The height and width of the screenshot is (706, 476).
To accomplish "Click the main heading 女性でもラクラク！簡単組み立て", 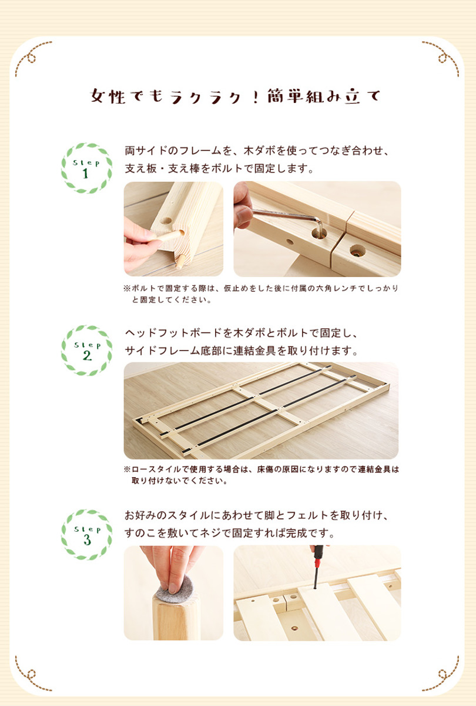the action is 236,96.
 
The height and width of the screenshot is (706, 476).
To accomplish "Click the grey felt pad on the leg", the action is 175,591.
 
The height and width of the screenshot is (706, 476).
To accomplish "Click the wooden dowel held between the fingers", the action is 170,236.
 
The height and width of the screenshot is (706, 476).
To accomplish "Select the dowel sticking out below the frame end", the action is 180,262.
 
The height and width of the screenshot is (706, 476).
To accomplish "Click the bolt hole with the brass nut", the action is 357,251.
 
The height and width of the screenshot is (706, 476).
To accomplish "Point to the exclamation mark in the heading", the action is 255,96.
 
